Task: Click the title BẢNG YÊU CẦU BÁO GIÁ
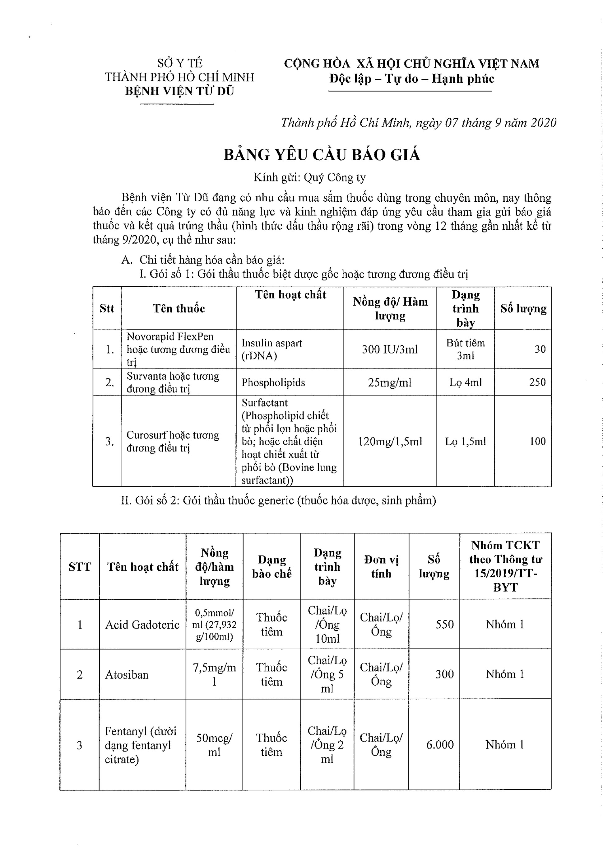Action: pos(322,155)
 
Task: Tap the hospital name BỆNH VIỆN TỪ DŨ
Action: pos(179,91)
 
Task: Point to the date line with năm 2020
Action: pos(419,123)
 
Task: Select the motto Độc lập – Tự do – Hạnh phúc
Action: pos(411,79)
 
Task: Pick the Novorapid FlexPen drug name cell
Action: pos(178,349)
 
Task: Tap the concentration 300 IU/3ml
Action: pos(390,349)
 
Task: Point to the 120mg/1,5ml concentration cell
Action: pos(390,441)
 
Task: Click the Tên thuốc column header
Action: pos(179,308)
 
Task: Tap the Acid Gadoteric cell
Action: pos(142,625)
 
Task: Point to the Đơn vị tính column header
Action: pos(381,567)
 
